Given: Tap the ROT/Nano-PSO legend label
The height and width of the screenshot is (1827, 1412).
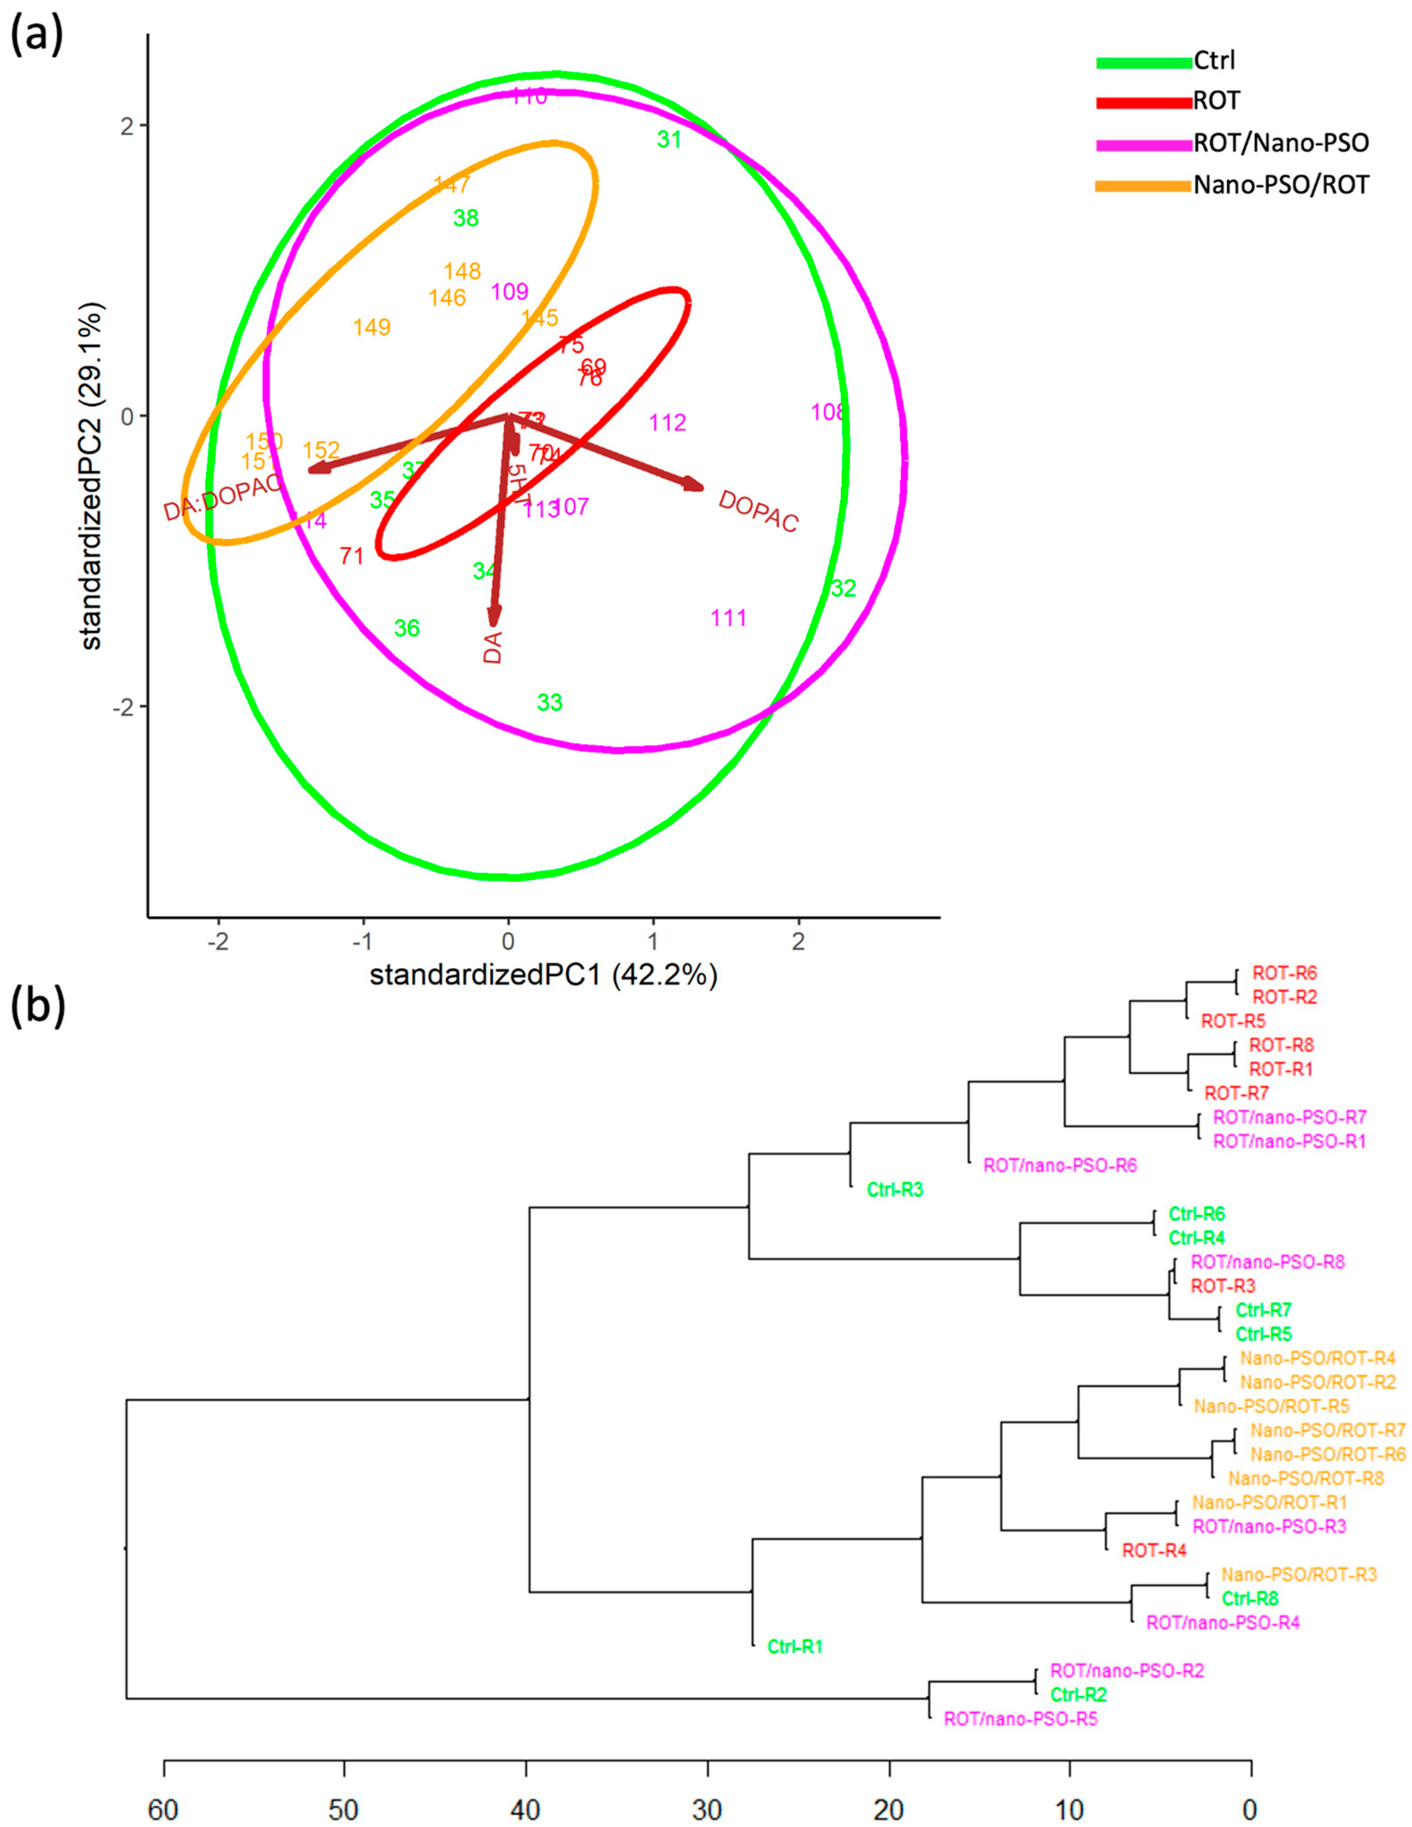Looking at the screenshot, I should pyautogui.click(x=1281, y=143).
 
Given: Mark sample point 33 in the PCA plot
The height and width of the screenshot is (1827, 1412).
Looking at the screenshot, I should pyautogui.click(x=550, y=703).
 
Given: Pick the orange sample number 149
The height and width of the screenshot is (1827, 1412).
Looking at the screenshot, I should pyautogui.click(x=372, y=327).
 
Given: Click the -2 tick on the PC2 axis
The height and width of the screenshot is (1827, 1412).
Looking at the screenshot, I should pyautogui.click(x=124, y=707).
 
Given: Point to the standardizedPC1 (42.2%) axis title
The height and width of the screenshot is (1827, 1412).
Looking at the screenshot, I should pyautogui.click(x=544, y=976).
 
